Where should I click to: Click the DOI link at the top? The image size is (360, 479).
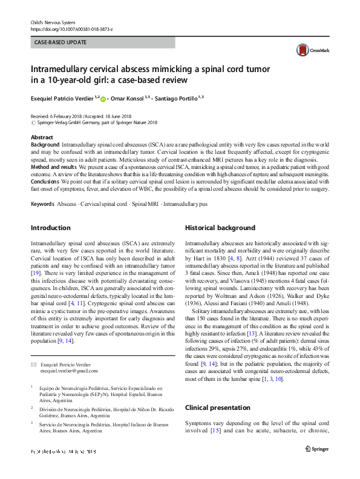click(71, 28)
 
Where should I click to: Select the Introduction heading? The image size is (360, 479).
click(50, 228)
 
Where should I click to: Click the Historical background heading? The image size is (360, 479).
click(220, 228)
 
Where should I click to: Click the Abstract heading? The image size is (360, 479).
click(42, 137)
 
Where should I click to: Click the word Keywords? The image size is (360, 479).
click(42, 204)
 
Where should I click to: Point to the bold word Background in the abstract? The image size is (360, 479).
click(45, 146)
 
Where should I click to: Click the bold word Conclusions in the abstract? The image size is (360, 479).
click(47, 180)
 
